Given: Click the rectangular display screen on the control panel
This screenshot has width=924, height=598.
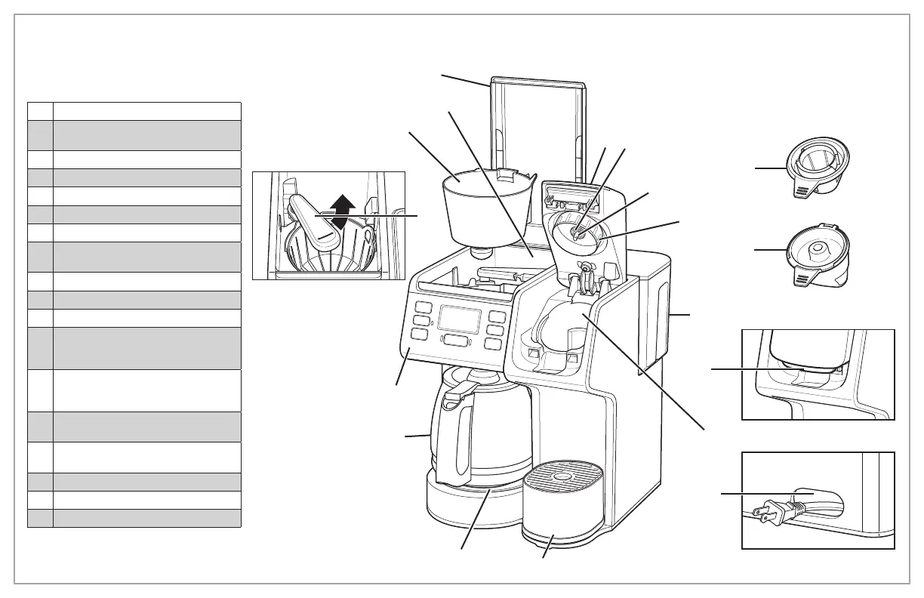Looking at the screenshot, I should coord(460,321).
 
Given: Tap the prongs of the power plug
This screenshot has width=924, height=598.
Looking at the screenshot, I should coord(762,513).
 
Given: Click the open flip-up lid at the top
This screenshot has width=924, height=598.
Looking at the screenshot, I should coord(537,121).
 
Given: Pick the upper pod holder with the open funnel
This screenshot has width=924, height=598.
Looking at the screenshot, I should coord(817,170).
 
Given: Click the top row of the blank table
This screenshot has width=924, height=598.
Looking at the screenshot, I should coord(134,111).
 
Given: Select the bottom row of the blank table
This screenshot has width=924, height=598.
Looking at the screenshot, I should coord(134,518).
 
